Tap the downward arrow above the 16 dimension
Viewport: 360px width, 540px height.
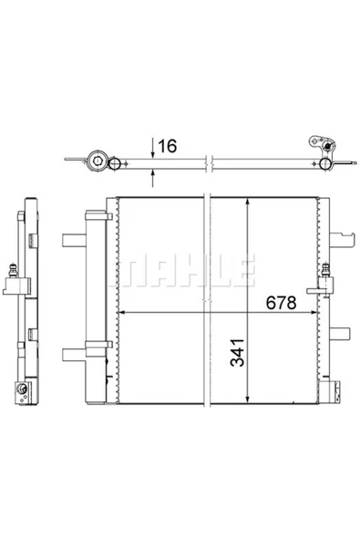(153, 151)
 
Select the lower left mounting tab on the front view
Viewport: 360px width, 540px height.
(70, 353)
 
